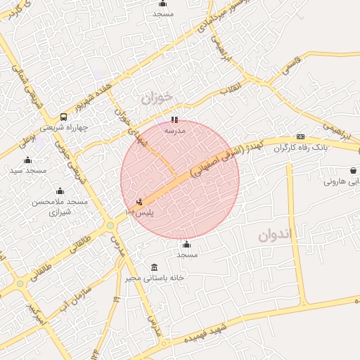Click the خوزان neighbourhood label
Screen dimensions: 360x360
click(x=156, y=98)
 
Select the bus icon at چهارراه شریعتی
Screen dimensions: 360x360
click(x=64, y=117)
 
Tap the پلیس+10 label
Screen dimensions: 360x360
click(x=139, y=212)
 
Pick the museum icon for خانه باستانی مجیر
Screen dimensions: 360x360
click(x=155, y=267)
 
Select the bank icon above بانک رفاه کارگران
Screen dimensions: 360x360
click(x=301, y=136)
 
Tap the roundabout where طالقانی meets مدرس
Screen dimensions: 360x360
click(x=110, y=226)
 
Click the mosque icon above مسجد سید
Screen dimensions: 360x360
click(x=28, y=160)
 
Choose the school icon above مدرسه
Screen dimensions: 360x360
click(x=174, y=120)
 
